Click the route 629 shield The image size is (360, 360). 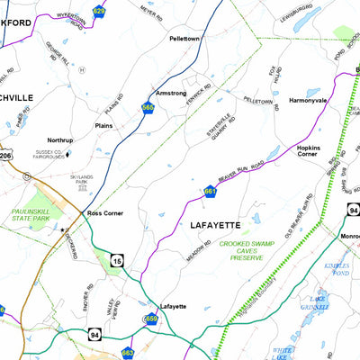(99, 12)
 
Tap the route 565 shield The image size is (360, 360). (148, 108)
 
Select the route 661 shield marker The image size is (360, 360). (210, 191)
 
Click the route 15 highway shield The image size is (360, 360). (115, 261)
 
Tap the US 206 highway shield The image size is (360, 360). (4, 157)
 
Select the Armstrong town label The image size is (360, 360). (171, 93)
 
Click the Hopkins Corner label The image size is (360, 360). (308, 151)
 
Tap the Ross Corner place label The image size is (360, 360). (106, 213)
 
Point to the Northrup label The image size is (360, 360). (60, 140)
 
